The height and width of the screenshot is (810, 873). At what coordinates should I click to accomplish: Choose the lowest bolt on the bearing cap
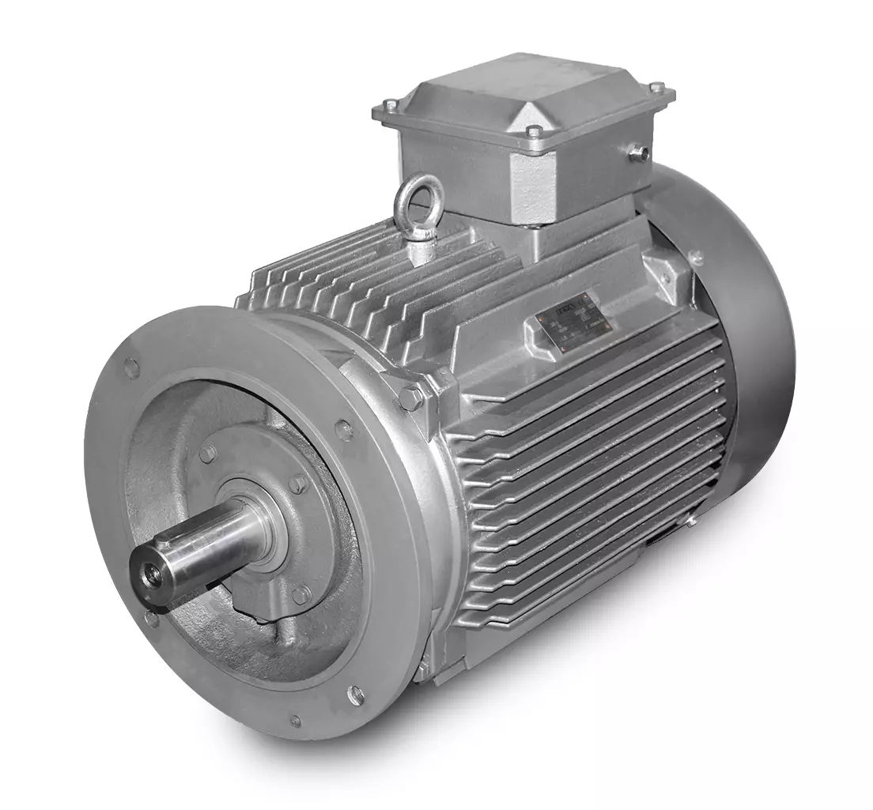[301, 593]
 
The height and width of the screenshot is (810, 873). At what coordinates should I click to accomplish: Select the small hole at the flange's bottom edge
[295, 720]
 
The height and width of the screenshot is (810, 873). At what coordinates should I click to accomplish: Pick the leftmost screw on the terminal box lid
[391, 106]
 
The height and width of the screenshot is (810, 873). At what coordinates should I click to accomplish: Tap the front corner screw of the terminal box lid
[535, 132]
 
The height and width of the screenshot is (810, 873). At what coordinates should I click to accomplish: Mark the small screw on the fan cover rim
[696, 258]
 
